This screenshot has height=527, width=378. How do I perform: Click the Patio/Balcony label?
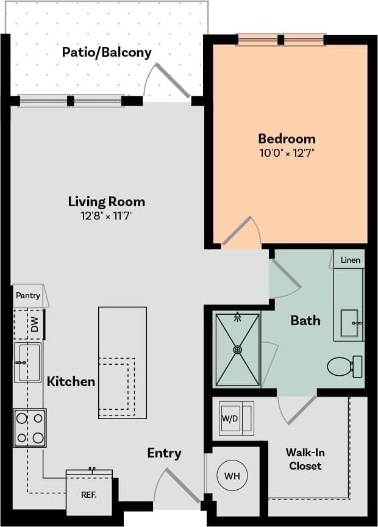click(107, 52)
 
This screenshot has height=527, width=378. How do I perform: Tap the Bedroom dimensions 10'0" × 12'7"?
click(287, 153)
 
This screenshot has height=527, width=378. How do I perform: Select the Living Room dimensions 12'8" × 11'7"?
click(107, 216)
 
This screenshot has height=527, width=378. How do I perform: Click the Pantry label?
click(28, 296)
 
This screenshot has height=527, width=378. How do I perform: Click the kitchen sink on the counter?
click(29, 362)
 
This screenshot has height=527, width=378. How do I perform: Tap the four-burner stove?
click(30, 428)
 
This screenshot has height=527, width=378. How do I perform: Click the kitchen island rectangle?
click(123, 362)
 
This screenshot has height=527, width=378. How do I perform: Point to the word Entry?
click(164, 453)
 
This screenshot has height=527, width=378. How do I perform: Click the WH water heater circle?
click(232, 475)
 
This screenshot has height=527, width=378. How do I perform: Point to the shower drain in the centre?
click(237, 350)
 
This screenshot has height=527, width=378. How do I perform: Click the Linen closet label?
click(350, 260)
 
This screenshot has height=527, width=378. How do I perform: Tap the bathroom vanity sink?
click(350, 323)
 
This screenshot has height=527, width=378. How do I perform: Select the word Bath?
click(305, 320)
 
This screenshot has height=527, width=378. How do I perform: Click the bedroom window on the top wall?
click(281, 40)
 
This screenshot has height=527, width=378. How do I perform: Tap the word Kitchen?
click(71, 382)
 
